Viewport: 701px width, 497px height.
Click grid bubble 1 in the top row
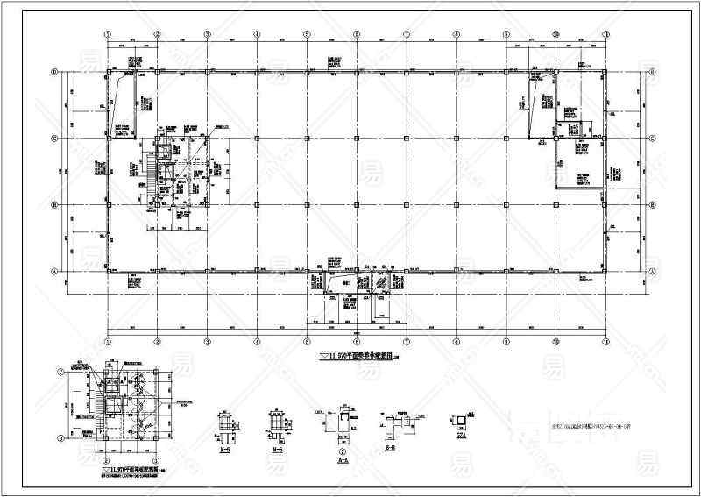coord(107,35)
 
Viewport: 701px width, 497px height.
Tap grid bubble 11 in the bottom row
coord(606,342)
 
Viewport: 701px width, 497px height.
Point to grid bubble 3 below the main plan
coord(207,342)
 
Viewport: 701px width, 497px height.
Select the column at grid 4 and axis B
coord(257,205)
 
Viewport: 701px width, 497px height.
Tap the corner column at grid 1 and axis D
coord(107,71)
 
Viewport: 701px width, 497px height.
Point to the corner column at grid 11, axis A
coord(606,273)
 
